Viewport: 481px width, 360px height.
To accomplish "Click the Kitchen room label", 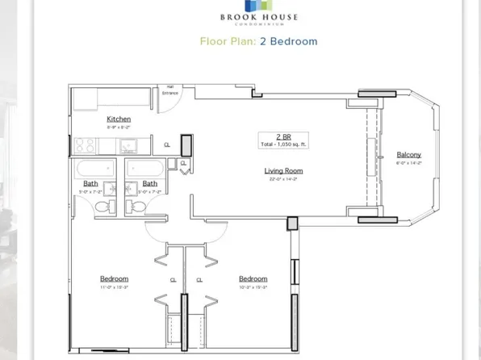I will pos(118,119).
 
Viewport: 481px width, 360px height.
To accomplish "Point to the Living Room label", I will pos(283,170).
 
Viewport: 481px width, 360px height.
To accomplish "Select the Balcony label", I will pos(408,155).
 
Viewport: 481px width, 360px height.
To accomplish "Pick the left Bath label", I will pos(90,183).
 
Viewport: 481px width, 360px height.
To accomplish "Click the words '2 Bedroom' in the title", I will pos(288,41).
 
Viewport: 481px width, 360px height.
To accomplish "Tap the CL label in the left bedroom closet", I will pos(174,281).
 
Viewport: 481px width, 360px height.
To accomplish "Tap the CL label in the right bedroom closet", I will pos(199,281).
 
